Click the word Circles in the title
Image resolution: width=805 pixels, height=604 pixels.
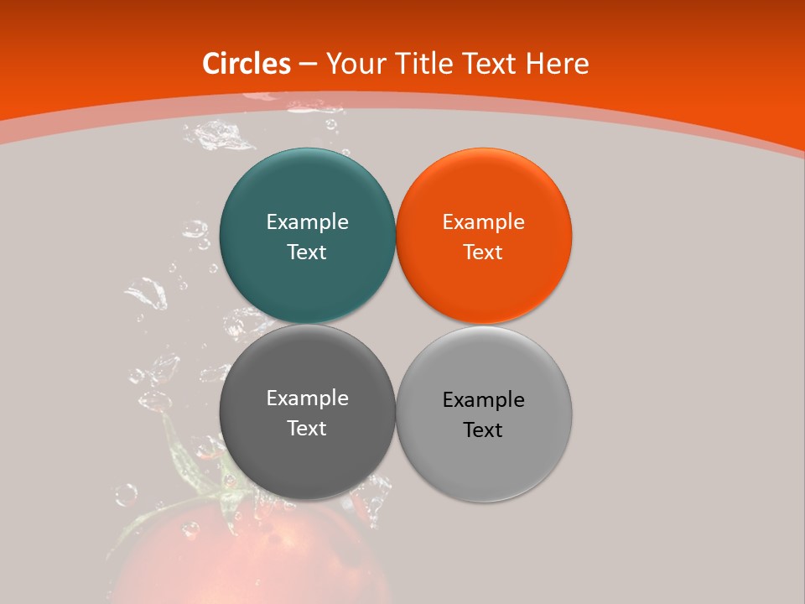point(247,64)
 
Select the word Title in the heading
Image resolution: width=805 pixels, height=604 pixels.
point(428,64)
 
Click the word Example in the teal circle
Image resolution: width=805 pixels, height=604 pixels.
point(307,222)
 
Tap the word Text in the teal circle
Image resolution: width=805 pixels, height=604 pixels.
point(307,252)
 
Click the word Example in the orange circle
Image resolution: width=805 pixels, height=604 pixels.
point(484,222)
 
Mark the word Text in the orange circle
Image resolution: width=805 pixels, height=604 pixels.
point(484,252)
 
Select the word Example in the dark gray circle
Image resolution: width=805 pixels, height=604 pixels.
point(307,398)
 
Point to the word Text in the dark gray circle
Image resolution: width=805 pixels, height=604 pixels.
point(307,428)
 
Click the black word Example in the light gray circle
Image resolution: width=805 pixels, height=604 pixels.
point(484,400)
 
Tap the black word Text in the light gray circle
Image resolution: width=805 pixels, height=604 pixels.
point(484,430)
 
